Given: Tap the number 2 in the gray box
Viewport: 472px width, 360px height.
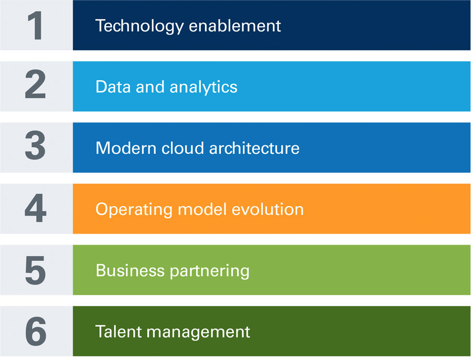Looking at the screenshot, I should click(36, 86).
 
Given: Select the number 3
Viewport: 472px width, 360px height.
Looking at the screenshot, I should click(36, 147).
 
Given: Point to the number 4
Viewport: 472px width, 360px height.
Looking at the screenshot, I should click(36, 209).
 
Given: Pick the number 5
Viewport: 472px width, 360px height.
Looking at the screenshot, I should click(36, 270).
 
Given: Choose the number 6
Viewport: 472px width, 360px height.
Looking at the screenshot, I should click(36, 332).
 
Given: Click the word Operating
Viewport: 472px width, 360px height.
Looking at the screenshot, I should click(134, 210).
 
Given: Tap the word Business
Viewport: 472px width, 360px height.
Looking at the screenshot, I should click(130, 271).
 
